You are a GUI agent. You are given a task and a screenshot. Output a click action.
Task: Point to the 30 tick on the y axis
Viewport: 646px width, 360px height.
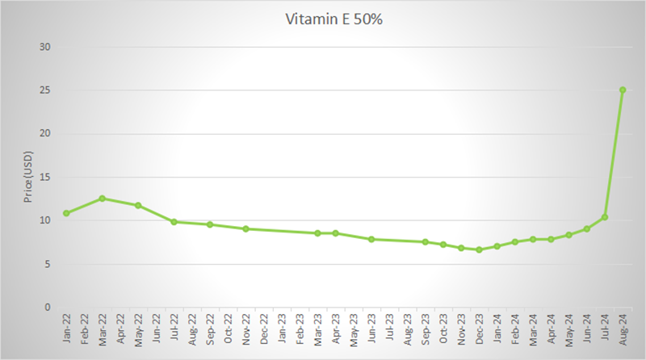45,47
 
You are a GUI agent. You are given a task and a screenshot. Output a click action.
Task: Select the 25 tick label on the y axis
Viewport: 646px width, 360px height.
45,90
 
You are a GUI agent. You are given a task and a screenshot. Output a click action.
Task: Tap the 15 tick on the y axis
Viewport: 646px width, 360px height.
45,177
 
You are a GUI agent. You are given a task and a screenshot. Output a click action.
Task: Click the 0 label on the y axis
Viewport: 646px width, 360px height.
48,307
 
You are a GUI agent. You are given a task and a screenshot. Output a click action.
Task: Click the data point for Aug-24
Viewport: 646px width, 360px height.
623,90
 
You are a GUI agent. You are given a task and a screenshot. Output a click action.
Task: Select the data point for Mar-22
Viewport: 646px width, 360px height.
102,199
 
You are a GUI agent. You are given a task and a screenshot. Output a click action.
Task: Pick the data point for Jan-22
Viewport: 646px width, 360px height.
66,213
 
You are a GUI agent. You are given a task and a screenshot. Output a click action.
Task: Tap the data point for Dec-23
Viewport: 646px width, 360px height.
479,249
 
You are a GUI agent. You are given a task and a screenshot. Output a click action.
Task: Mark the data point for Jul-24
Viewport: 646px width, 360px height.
605,217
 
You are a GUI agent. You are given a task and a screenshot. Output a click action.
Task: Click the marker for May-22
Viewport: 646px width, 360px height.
138,205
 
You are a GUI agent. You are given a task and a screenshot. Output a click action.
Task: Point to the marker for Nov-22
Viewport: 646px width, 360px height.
245,228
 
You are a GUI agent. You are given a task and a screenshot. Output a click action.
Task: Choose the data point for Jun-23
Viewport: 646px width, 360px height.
371,239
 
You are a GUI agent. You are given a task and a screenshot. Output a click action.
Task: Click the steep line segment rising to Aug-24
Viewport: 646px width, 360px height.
614,153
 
